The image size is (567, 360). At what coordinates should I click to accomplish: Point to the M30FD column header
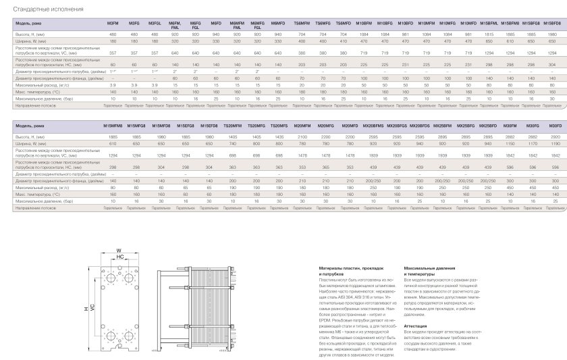pos(556,126)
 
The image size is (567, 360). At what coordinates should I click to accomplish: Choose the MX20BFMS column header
pos(373,126)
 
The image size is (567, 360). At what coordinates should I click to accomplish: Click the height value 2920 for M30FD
pos(556,136)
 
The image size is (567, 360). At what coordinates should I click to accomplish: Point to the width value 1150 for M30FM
pos(511,143)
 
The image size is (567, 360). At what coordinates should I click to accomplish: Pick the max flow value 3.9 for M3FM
pos(113,85)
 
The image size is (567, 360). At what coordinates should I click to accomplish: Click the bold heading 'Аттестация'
pos(414,325)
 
